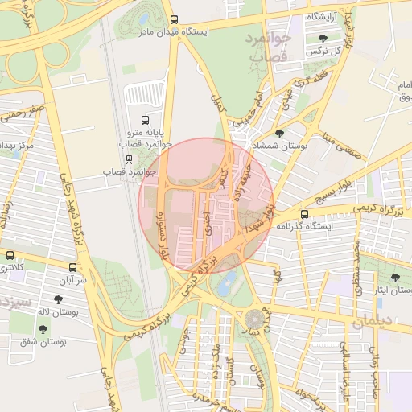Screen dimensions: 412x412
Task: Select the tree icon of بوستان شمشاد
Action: click(279, 134)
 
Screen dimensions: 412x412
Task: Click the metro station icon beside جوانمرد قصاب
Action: click(129, 158)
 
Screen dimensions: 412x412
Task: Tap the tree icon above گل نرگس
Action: click(323, 39)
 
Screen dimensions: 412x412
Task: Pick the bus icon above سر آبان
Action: click(73, 267)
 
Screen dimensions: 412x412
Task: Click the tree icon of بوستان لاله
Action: click(58, 299)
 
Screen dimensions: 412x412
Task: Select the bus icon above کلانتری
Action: click(10, 255)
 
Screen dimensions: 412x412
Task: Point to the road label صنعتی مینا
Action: click(338, 143)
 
